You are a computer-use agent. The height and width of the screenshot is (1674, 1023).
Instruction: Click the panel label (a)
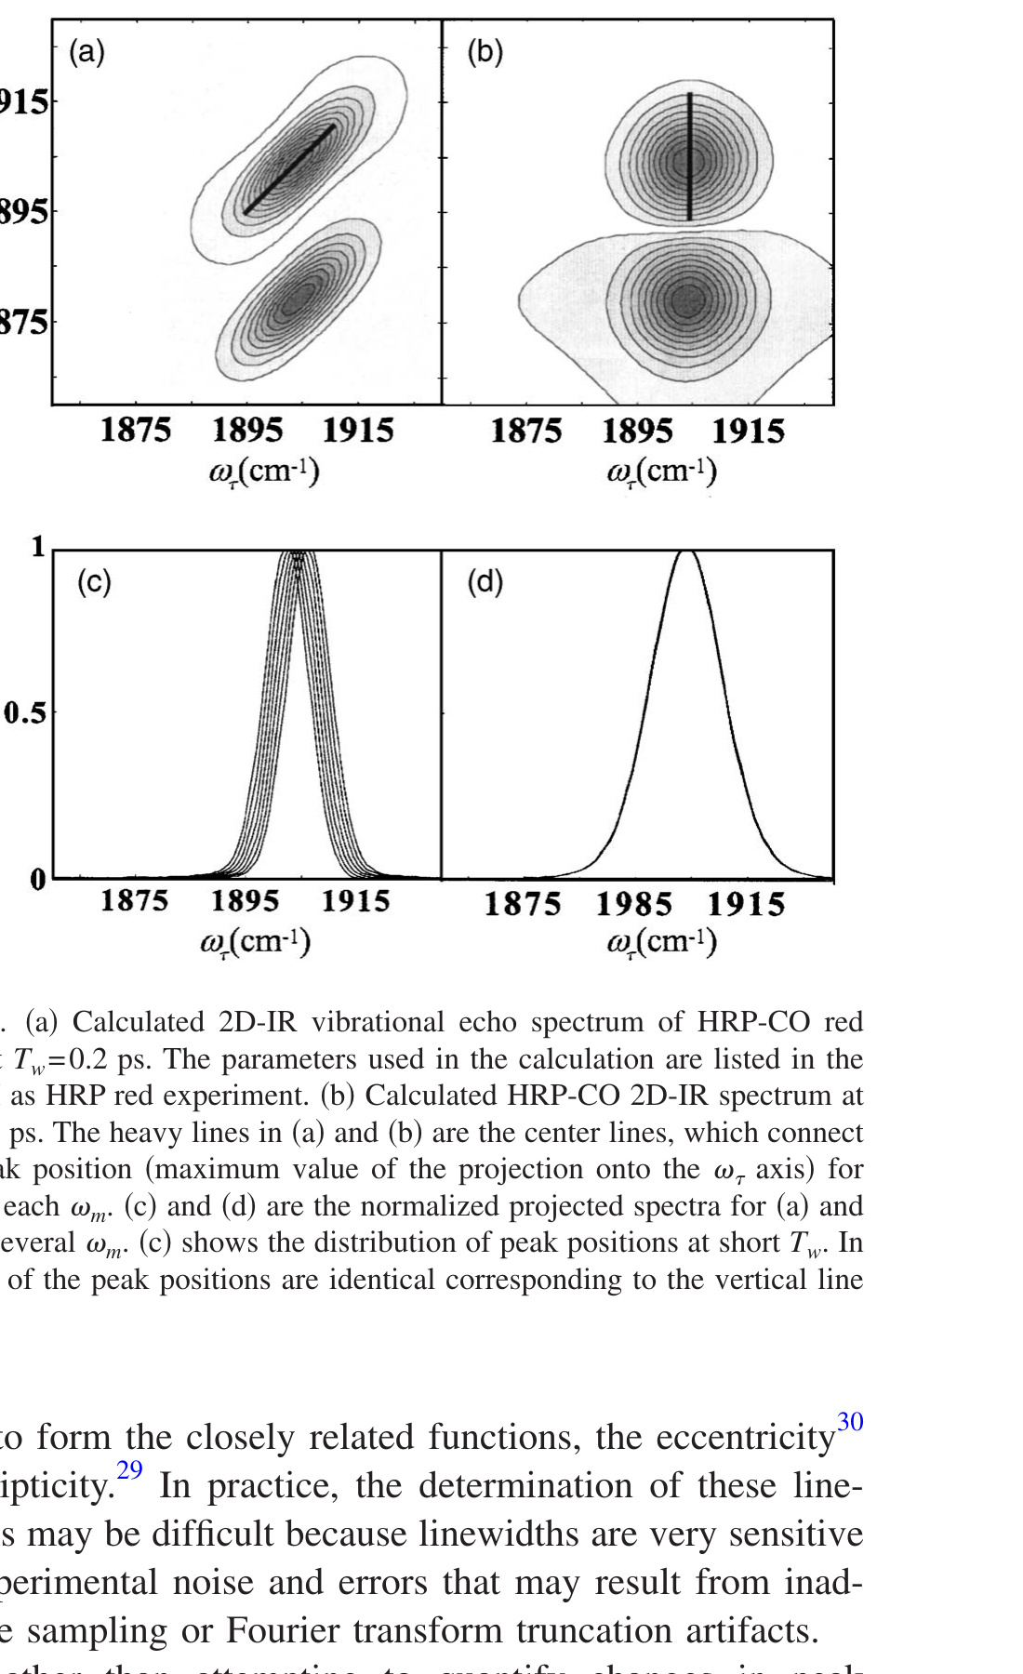click(x=86, y=52)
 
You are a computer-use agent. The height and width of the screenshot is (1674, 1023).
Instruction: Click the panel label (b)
click(x=485, y=52)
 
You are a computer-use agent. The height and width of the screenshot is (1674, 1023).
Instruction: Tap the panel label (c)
click(x=94, y=582)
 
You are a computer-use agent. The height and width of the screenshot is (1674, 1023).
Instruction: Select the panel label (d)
click(x=485, y=582)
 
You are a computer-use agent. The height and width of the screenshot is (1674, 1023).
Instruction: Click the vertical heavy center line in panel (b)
click(x=689, y=156)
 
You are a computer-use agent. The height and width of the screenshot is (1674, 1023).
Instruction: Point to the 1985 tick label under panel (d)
click(x=633, y=904)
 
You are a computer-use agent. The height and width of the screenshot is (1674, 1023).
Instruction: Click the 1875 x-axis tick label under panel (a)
click(x=136, y=431)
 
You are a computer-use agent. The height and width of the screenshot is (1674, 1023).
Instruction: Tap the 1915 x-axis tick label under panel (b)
click(x=749, y=432)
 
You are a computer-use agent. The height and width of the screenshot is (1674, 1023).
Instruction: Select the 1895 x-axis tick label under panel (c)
click(x=245, y=901)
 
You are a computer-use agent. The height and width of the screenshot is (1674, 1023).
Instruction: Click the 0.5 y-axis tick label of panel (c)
click(x=24, y=714)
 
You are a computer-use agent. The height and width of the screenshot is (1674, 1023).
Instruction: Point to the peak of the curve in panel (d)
click(x=686, y=552)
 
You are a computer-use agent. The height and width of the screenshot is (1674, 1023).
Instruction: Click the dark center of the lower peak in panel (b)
click(x=687, y=299)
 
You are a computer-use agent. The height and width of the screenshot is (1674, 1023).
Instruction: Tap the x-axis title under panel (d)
click(x=661, y=942)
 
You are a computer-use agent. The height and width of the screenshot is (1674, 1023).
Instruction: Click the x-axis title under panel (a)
click(x=263, y=472)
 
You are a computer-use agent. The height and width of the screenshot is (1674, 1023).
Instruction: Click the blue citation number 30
click(x=850, y=1422)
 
